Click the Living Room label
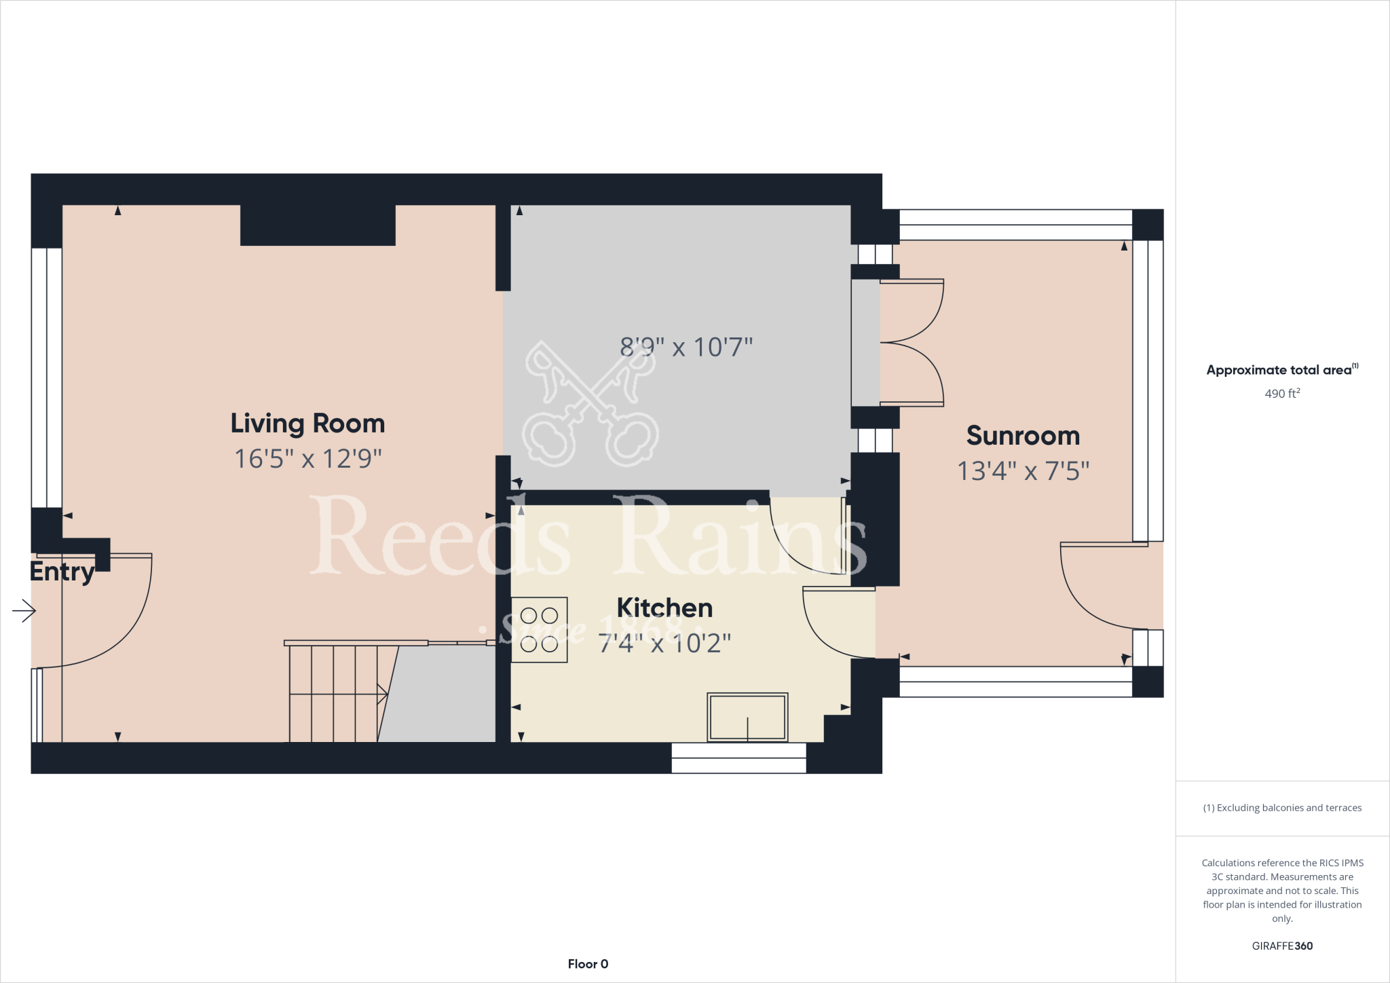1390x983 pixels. coord(307,424)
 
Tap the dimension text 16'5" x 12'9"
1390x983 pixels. coord(307,459)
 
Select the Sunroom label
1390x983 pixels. coord(1023,436)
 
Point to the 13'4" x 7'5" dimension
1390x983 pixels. coord(1023,471)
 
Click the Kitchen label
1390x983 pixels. coord(664,608)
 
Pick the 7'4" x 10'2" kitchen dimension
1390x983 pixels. coord(664,643)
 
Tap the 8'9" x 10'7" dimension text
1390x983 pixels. coord(686,348)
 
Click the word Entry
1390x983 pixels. coord(62,572)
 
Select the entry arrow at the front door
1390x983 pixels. coord(24,611)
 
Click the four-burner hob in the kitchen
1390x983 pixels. coord(539,629)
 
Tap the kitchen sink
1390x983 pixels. coord(747,717)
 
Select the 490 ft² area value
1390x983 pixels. coord(1282,394)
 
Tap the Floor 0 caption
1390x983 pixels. coord(588,964)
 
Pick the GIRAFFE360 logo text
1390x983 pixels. coord(1282,946)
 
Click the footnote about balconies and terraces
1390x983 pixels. coord(1282,808)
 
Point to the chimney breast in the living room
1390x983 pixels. coord(318,225)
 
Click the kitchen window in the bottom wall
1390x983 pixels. coord(738,758)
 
